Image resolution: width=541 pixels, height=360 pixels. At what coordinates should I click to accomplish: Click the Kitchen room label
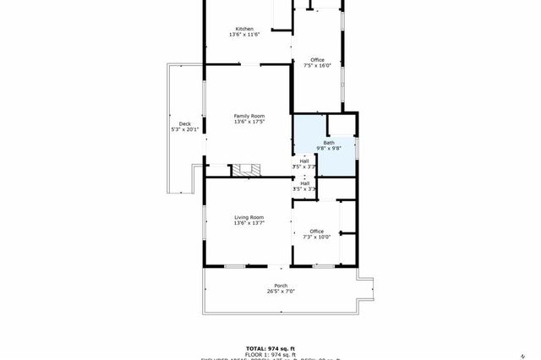(244, 29)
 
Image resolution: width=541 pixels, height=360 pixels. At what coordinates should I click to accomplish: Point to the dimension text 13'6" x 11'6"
(244, 35)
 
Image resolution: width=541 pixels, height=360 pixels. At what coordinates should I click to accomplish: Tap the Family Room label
(249, 116)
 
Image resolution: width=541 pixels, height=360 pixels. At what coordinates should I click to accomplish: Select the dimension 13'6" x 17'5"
(249, 122)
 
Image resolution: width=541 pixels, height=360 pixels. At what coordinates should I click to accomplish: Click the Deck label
(184, 123)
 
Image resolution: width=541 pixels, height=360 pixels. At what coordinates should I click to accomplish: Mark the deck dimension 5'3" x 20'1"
(184, 129)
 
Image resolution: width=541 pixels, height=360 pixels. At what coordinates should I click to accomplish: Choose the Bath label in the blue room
(328, 143)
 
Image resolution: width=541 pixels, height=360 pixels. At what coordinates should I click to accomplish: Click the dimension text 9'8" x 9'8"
(328, 149)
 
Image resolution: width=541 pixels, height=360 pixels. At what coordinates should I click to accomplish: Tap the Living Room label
(249, 217)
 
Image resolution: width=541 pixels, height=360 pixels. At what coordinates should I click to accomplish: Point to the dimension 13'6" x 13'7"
(249, 223)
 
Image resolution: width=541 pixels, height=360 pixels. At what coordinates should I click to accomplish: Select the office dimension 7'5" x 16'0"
(317, 66)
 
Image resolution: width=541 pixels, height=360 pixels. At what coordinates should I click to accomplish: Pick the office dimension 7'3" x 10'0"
(317, 237)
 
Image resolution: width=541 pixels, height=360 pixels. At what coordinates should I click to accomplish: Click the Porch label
(281, 286)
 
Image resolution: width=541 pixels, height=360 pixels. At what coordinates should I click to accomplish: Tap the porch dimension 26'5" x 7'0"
(281, 292)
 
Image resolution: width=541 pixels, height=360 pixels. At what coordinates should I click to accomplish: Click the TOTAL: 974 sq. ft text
(270, 348)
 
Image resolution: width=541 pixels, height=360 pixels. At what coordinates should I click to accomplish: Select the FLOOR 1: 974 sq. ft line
(270, 354)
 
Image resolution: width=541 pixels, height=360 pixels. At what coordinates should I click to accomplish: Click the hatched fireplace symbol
(248, 170)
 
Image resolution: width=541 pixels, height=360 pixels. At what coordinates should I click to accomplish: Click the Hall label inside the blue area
(304, 161)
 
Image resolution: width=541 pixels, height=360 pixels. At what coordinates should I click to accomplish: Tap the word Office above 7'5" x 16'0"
(317, 60)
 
